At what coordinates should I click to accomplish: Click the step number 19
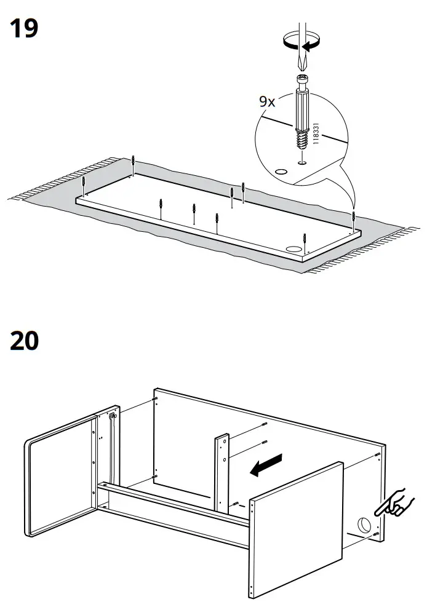click(x=24, y=29)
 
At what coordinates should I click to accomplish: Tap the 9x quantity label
click(x=267, y=101)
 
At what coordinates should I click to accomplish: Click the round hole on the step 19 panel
click(x=294, y=248)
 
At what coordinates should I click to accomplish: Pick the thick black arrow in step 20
click(x=266, y=465)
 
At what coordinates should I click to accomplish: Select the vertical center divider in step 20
click(x=221, y=473)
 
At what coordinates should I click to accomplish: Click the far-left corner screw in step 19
click(x=84, y=185)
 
